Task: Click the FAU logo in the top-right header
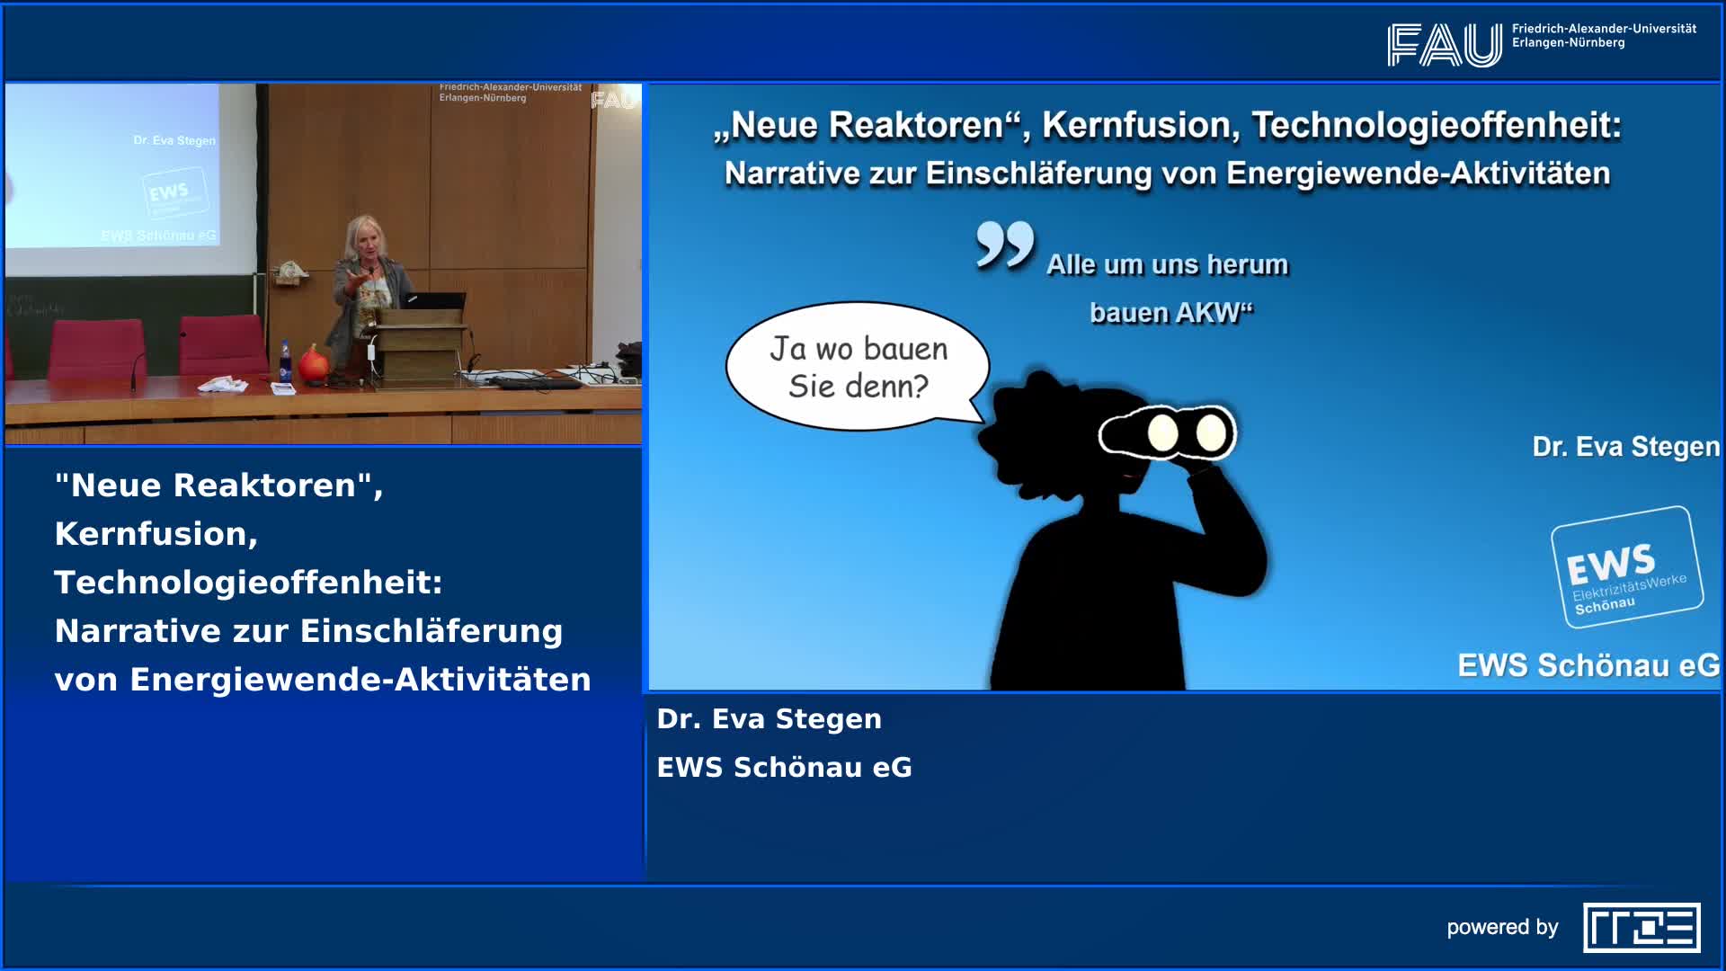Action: point(1444,45)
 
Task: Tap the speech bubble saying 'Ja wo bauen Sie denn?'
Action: point(858,367)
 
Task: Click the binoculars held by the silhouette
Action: point(1169,432)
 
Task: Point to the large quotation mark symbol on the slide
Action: point(1005,245)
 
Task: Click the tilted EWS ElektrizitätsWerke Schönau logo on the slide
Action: point(1626,566)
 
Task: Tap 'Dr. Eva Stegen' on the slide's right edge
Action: point(1625,447)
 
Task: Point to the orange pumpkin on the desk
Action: point(314,363)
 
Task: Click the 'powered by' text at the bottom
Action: point(1502,928)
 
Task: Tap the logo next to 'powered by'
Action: point(1641,928)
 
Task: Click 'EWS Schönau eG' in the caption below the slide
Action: point(784,768)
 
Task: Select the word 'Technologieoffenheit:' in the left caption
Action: point(248,583)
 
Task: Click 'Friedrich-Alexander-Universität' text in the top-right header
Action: point(1604,29)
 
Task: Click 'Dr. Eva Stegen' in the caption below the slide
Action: point(769,719)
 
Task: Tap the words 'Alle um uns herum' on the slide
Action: point(1167,265)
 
